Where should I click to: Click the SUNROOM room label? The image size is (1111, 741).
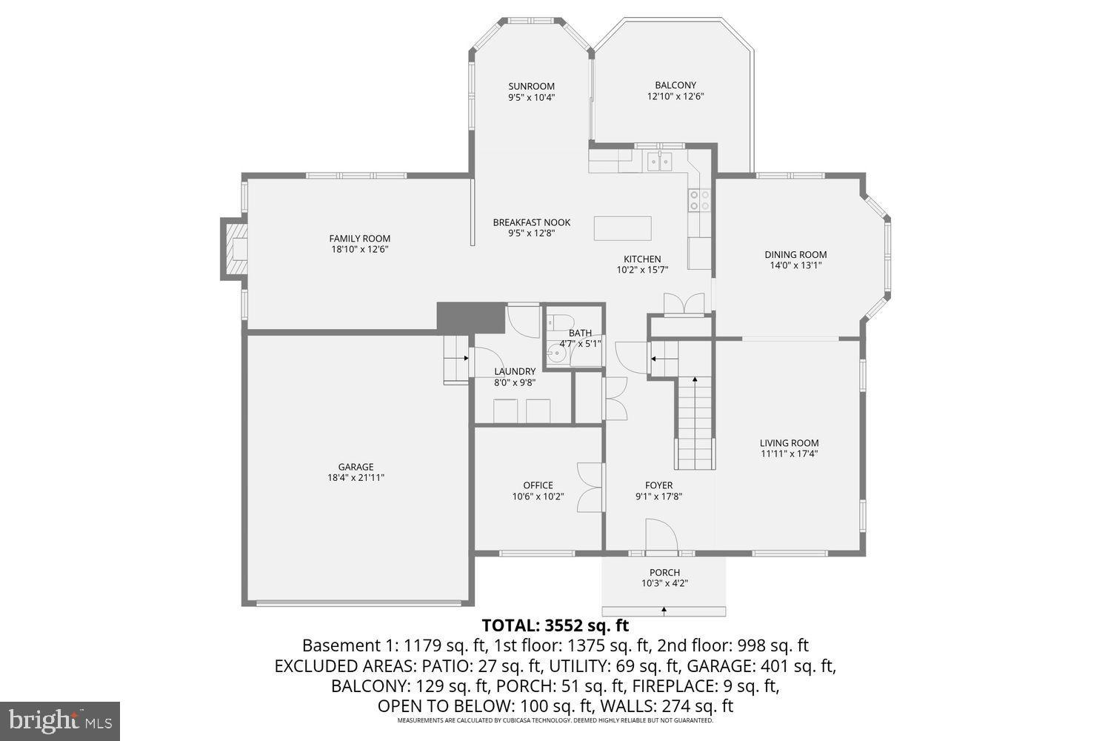[x=531, y=86]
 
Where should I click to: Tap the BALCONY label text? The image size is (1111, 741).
[x=675, y=85]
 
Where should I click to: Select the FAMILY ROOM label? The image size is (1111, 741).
[x=359, y=239]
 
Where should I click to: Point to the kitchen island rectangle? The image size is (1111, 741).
[x=622, y=227]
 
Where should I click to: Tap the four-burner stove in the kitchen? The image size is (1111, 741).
[x=700, y=199]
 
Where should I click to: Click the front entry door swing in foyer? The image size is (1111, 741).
[x=660, y=535]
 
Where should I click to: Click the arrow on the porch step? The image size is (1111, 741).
[x=664, y=611]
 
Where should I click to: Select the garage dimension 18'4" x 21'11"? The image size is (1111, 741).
[x=356, y=478]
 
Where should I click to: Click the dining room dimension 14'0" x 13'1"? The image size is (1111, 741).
[x=795, y=265]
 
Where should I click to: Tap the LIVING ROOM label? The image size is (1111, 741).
[x=789, y=443]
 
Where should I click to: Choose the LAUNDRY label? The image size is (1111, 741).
[x=515, y=371]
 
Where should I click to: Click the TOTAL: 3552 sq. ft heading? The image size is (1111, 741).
[x=555, y=625]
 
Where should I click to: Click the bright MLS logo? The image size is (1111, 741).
[x=60, y=721]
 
